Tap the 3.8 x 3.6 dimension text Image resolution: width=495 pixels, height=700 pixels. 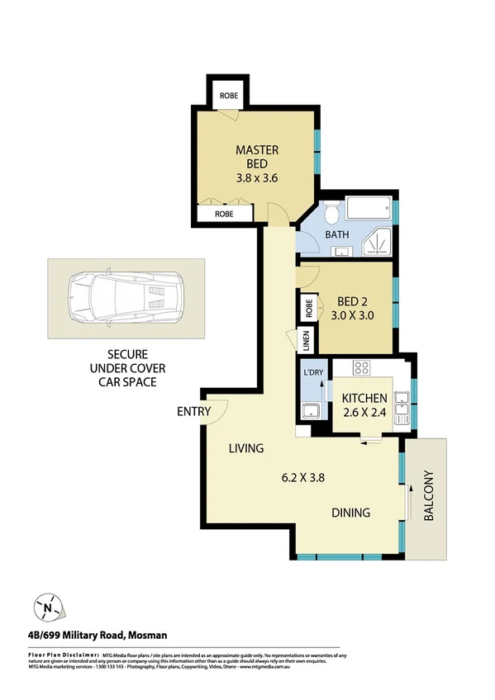pyautogui.click(x=256, y=177)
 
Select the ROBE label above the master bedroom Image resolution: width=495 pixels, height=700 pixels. pyautogui.click(x=229, y=96)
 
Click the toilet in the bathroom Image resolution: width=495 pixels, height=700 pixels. pyautogui.click(x=331, y=215)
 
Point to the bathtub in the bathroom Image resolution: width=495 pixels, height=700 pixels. pyautogui.click(x=369, y=208)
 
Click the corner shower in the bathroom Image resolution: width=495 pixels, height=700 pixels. pyautogui.click(x=379, y=240)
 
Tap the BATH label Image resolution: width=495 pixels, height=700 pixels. pyautogui.click(x=336, y=234)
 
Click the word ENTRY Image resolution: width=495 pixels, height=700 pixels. pyautogui.click(x=193, y=412)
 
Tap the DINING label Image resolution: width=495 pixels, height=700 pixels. pyautogui.click(x=350, y=513)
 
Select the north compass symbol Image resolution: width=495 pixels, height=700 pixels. pyautogui.click(x=48, y=608)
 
